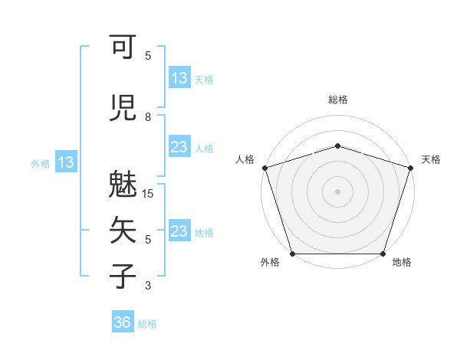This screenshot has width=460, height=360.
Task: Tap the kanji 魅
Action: [x=123, y=185]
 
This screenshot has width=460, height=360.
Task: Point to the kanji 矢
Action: [x=123, y=230]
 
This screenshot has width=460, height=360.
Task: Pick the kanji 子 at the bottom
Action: [x=123, y=275]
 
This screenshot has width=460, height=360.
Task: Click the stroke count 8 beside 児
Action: [x=148, y=117]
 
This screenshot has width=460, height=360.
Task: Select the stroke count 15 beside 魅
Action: [x=149, y=194]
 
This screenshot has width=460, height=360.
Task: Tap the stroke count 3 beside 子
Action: [x=148, y=286]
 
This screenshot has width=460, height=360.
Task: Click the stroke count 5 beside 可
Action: [x=148, y=56]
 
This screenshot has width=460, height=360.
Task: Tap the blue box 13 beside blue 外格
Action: [x=65, y=162]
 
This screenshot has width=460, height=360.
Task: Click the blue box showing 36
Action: [x=122, y=323]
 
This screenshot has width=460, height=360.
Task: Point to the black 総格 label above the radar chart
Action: [x=337, y=100]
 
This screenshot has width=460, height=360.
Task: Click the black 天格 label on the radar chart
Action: [x=431, y=159]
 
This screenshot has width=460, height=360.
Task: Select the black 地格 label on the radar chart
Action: [x=402, y=263]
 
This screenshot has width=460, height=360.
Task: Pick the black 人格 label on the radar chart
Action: [x=245, y=159]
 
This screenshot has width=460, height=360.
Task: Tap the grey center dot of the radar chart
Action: [x=337, y=191]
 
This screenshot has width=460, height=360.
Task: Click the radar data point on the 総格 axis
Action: [x=337, y=146]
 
